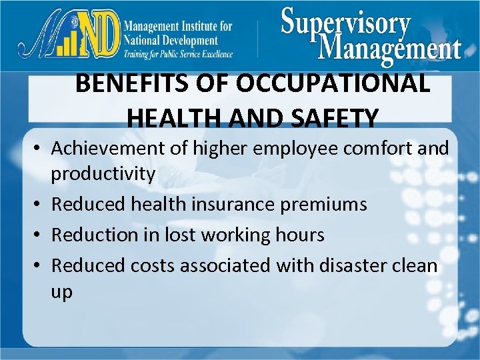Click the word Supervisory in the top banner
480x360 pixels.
tap(345, 23)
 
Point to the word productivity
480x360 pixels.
tap(103, 174)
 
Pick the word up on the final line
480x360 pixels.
tap(62, 291)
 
